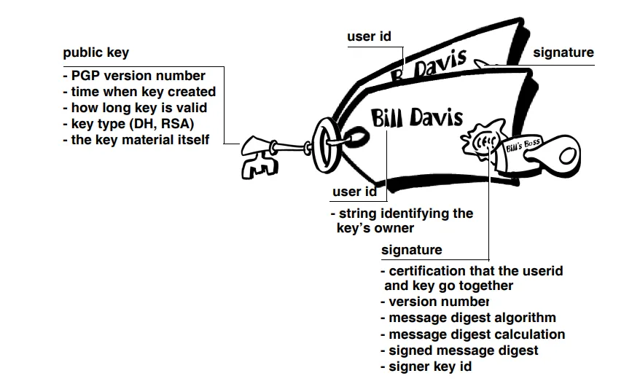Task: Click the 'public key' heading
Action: click(x=96, y=52)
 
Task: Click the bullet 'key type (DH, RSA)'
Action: click(x=128, y=124)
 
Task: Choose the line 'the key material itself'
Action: click(x=136, y=140)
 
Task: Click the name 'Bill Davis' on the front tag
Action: click(x=416, y=117)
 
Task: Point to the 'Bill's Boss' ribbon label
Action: click(x=522, y=146)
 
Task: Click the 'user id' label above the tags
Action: click(x=370, y=36)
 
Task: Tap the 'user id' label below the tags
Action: click(x=354, y=192)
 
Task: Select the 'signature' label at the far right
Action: click(x=563, y=52)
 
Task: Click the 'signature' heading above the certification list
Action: click(x=412, y=250)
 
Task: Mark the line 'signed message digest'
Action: click(x=459, y=350)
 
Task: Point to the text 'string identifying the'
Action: click(x=405, y=213)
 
